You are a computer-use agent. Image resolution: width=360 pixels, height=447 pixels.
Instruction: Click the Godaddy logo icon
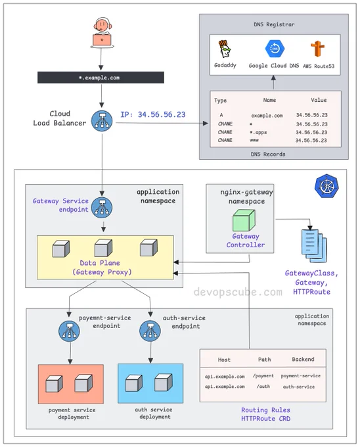pos(225,49)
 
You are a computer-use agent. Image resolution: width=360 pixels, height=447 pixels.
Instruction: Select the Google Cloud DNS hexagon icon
pos(275,49)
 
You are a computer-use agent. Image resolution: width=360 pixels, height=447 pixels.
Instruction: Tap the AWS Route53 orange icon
pos(317,49)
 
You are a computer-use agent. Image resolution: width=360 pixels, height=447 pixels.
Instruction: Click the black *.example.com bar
pos(101,78)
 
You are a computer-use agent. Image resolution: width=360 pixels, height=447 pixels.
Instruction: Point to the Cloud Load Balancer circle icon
pos(102,121)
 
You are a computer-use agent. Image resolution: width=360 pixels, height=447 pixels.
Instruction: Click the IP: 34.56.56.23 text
pos(153,114)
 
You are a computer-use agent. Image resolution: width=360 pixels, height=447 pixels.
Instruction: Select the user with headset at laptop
pos(102,33)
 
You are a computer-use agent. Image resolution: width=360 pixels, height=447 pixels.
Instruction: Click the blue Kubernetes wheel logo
pos(326,187)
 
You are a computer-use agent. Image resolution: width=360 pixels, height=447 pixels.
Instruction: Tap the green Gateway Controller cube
pos(244,220)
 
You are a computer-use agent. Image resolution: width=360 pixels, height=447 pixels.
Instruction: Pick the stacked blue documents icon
pos(314,246)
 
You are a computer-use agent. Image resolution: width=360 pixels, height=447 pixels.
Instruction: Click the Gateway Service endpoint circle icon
pos(102,208)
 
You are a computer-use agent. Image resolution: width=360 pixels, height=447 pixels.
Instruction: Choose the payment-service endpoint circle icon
pos(69,331)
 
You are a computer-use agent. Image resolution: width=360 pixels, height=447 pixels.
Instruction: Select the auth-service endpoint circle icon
pos(150,331)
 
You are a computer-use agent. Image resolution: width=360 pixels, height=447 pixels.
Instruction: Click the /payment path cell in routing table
pos(263,376)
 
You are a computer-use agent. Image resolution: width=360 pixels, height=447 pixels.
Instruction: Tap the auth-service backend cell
pos(299,387)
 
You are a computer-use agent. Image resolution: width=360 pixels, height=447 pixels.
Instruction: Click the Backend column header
pos(303,359)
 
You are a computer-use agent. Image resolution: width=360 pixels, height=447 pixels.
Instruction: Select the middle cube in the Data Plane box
pos(103,248)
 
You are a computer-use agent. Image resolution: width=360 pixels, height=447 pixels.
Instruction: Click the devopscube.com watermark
pos(238,293)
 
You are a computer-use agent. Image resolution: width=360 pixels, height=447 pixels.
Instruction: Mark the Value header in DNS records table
pos(319,100)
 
